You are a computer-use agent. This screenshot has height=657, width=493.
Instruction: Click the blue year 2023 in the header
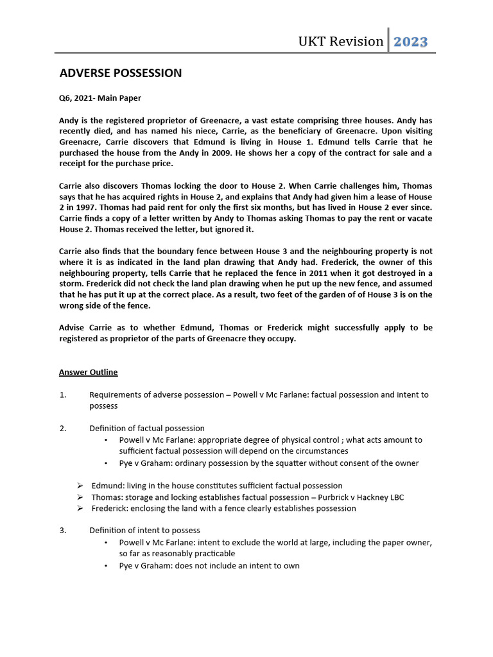coord(410,42)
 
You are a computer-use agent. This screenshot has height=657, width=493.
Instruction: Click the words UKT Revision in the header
coord(340,42)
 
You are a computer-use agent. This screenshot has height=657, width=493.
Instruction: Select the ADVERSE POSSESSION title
coord(120,73)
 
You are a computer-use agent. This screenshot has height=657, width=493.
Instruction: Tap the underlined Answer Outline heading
coord(88,372)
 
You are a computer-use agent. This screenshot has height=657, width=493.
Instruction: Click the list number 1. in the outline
coord(63,395)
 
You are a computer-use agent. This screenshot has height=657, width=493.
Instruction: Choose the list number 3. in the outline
coord(63,530)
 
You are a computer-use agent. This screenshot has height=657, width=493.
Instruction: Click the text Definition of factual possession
coord(147,428)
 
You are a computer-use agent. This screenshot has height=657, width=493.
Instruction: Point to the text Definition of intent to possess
coord(144,530)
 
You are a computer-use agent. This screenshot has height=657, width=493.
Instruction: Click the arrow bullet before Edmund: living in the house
coord(80,486)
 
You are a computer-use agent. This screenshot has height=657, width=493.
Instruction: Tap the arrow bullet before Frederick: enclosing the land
coord(80,508)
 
